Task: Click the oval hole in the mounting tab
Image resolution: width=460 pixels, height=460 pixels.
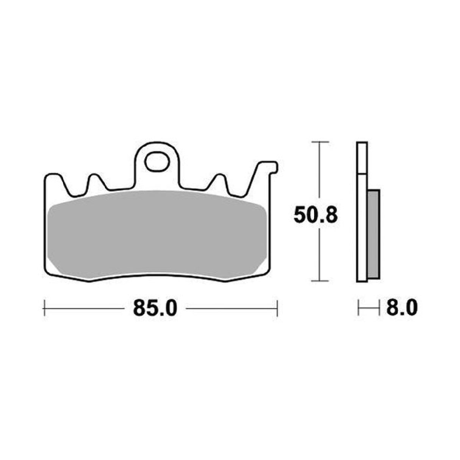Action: pos(156,162)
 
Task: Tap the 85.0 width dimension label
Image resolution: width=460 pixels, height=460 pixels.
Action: pos(155,310)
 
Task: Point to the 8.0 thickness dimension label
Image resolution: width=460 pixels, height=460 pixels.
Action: pos(402,309)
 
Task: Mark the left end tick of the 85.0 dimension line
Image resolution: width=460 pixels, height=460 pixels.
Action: pos(45,308)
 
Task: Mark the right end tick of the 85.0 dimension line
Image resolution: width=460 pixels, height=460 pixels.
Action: pos(278,308)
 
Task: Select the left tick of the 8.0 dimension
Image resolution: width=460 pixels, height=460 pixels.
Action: pos(358,308)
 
